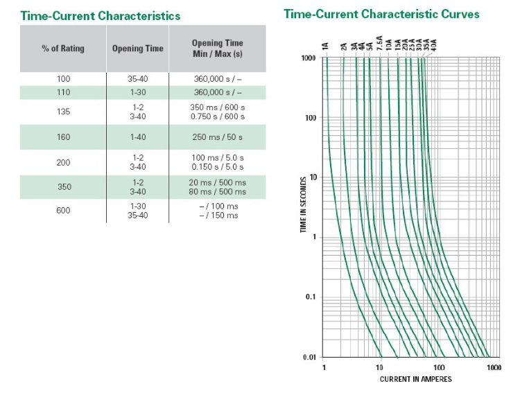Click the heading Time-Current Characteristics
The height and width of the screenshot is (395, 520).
click(x=101, y=15)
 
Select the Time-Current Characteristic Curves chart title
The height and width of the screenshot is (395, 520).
click(x=381, y=14)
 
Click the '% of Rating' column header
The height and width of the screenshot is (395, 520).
click(x=63, y=49)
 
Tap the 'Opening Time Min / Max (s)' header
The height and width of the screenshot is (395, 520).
click(x=217, y=49)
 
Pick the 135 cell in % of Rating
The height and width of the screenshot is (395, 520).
click(x=63, y=112)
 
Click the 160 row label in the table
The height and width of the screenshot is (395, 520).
click(x=63, y=137)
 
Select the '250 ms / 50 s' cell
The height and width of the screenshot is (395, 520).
click(x=217, y=137)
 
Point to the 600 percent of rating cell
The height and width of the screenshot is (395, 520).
click(x=63, y=211)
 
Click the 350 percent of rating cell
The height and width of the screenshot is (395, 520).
click(x=63, y=187)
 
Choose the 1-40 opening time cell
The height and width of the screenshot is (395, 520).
click(x=137, y=137)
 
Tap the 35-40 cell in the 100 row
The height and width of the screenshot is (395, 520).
click(x=137, y=79)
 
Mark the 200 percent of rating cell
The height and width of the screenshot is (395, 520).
click(x=63, y=162)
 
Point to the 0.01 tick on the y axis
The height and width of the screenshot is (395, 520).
click(x=309, y=357)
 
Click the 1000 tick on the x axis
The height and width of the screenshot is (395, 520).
click(x=493, y=367)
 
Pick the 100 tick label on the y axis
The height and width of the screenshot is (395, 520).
click(x=310, y=118)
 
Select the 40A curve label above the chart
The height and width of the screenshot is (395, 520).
click(x=434, y=46)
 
